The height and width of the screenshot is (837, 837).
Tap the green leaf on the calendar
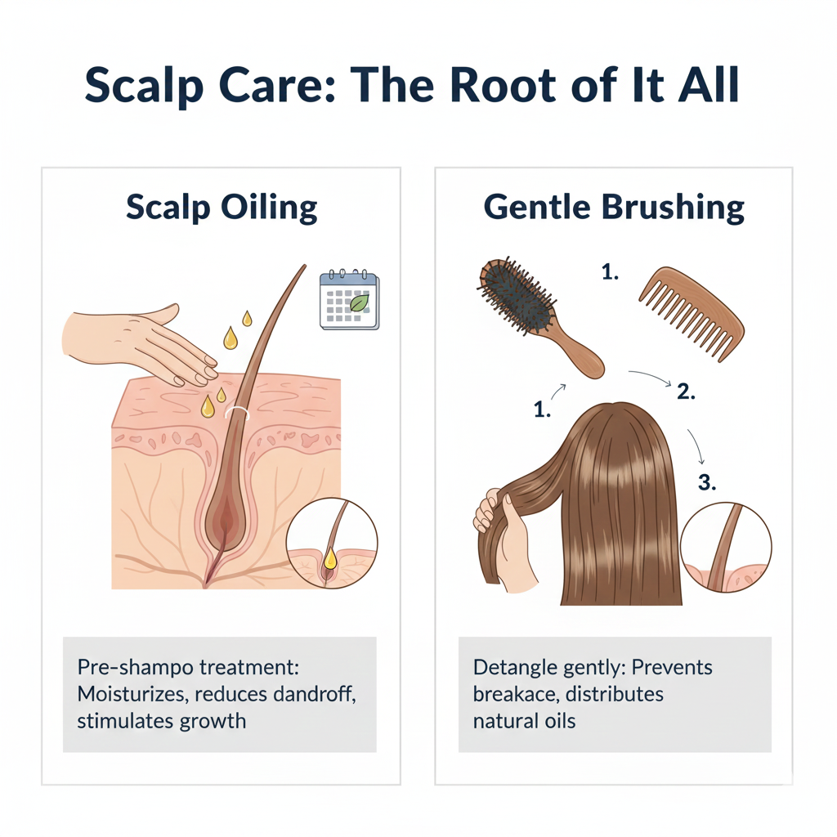coord(360,302)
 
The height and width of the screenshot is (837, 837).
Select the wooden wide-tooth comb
coord(692,314)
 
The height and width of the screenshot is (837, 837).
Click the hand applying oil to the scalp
coord(140,342)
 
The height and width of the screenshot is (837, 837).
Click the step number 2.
coord(686,392)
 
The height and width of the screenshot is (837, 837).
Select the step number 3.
coord(707,482)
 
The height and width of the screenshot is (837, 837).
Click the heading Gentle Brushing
coord(614,207)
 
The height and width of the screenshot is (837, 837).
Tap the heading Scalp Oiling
coord(222,207)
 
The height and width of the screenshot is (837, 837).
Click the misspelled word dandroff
coord(315,694)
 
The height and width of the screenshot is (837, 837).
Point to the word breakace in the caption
coord(516,694)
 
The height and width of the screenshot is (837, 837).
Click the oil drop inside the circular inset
coord(330,558)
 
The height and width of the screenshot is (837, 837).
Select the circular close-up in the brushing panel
coord(726,547)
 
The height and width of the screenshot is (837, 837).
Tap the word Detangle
coord(516,668)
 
